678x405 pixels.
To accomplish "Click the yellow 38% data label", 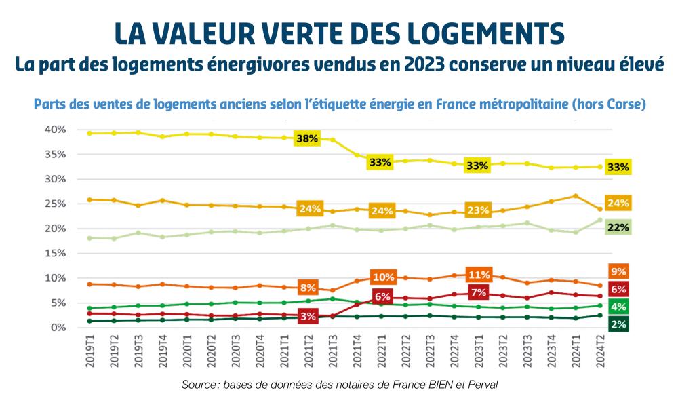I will (x=306, y=138).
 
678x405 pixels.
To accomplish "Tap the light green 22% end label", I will (x=618, y=227).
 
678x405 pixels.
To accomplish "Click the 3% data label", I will (x=306, y=316).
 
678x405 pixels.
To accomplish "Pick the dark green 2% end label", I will (x=618, y=324).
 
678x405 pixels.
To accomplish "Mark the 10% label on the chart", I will (x=382, y=277).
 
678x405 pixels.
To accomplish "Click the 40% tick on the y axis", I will (x=54, y=130).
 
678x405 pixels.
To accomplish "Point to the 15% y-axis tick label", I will (x=54, y=253).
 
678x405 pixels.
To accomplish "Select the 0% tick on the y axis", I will (x=57, y=328).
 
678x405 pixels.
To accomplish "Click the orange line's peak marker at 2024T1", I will (x=575, y=196).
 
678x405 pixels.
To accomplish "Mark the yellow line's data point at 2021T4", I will (x=357, y=155).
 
